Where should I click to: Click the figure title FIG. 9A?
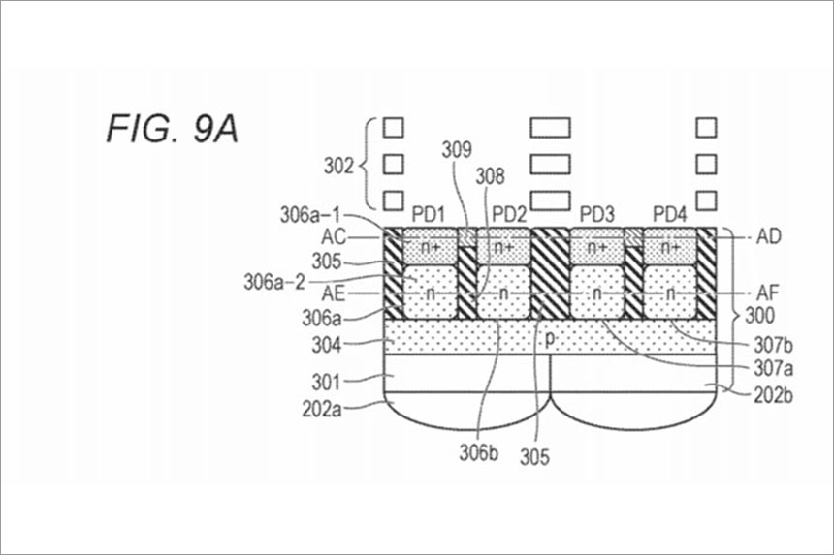click(x=173, y=129)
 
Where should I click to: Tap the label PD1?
click(x=429, y=215)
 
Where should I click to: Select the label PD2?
click(x=509, y=215)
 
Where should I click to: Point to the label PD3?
click(x=596, y=215)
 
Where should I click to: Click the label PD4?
click(x=670, y=215)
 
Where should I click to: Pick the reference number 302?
click(x=338, y=166)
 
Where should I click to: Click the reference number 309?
click(x=457, y=150)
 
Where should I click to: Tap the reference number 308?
click(x=490, y=175)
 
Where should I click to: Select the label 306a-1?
click(x=310, y=215)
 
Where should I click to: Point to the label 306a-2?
click(x=275, y=282)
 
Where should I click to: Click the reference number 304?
click(x=326, y=345)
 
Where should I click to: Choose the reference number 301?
click(x=326, y=382)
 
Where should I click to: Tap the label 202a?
click(x=322, y=410)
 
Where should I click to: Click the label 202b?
click(x=773, y=396)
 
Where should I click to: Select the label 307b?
click(x=773, y=346)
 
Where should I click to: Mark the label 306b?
click(x=479, y=452)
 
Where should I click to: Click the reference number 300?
click(x=759, y=316)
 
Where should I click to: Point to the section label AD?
click(x=769, y=236)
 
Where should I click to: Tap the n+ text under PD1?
click(x=431, y=248)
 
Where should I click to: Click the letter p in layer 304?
click(x=550, y=339)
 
